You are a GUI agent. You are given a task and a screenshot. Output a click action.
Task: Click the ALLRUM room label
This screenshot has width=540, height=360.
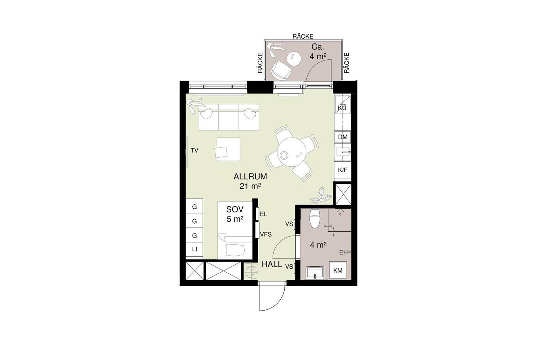pos(250,177)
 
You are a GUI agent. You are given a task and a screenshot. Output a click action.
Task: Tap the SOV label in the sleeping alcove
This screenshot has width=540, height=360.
pos(235,209)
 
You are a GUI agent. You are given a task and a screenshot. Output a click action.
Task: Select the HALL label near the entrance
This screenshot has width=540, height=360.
pos(272,264)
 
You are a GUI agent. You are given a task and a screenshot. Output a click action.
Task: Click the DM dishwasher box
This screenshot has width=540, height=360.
pos(343,137)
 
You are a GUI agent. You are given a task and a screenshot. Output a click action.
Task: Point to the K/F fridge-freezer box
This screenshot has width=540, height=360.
pos(343,170)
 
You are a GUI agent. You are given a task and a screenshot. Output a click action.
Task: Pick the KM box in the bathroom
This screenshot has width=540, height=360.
pos(338,270)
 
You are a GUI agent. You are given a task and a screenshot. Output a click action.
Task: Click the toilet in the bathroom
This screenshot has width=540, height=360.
pos(315,219)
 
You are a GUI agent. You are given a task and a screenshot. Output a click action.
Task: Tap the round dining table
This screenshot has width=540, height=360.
pos(291,152)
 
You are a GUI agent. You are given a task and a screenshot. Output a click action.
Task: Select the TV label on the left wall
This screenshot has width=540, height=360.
pos(194,150)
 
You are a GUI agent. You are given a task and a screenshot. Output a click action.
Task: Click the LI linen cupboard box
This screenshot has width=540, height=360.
pos(194,249)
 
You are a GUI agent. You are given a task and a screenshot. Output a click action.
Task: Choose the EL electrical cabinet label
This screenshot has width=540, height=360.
pos(264,214)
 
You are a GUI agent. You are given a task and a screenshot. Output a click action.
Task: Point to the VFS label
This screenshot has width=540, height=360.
pos(266,234)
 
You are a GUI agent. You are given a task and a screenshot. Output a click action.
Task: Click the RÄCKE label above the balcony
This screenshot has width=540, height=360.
pos(303,36)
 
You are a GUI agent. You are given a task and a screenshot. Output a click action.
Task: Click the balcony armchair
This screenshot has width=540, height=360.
pos(281,70)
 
